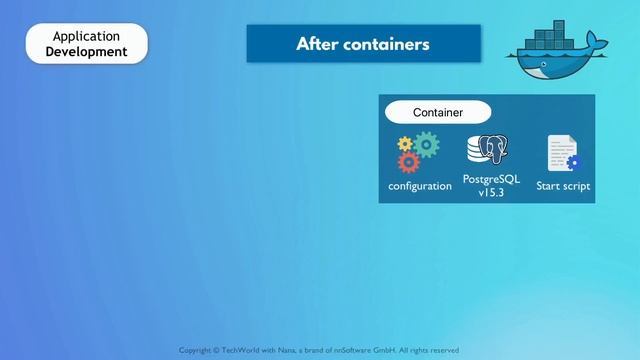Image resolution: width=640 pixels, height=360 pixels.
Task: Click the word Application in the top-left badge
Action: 86,36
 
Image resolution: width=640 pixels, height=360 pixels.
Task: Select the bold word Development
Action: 86,51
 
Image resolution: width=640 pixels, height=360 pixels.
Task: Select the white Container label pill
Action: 438,112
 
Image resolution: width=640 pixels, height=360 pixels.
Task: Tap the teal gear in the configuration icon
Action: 427,146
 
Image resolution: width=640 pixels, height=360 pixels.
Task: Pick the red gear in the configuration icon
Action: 408,162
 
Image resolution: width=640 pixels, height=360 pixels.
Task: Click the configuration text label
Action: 420,186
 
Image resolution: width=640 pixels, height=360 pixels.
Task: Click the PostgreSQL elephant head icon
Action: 494,151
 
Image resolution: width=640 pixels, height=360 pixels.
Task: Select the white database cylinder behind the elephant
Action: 476,151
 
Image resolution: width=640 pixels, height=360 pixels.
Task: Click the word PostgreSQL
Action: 491,179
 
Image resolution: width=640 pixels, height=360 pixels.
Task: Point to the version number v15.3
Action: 491,192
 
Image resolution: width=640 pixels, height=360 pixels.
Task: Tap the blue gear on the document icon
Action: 573,163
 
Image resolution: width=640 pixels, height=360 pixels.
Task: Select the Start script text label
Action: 563,186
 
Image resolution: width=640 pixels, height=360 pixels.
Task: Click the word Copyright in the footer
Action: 198,350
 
